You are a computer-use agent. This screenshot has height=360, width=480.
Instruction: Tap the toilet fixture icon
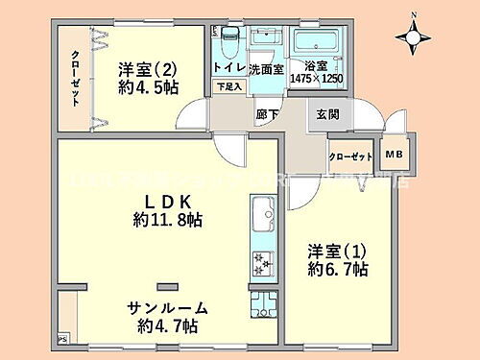[x=228, y=43]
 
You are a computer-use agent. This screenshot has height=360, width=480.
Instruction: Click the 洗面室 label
[x=265, y=70]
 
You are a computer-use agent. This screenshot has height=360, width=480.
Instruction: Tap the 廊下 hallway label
[x=267, y=114]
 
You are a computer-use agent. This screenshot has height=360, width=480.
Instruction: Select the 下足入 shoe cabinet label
[x=228, y=87]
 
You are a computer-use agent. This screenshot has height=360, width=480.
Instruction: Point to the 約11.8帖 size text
[x=168, y=221]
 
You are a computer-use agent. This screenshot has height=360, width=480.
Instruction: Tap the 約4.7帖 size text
[x=168, y=326]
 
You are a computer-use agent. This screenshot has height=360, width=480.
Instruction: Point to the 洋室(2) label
[x=148, y=69]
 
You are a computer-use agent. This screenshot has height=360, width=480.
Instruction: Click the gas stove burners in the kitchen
[x=261, y=260]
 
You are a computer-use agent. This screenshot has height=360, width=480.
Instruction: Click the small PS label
[x=62, y=339]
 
